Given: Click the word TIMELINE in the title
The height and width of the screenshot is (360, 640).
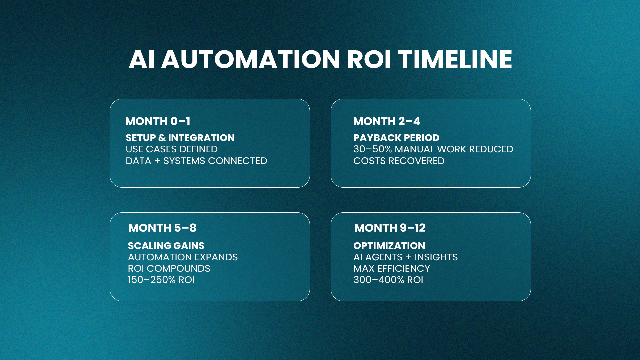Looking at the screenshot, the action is tap(455, 59).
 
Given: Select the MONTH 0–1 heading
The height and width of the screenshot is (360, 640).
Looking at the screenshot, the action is tap(158, 121).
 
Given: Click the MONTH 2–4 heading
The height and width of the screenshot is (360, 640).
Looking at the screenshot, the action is tap(387, 121).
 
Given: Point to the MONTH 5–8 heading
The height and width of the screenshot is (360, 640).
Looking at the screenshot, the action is tap(162, 228).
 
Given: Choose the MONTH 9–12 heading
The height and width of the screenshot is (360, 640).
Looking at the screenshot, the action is tap(390, 228).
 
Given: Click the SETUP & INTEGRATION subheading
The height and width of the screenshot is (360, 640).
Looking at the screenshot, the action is tap(180, 138).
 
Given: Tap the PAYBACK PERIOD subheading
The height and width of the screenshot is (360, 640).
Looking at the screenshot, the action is tap(396, 138).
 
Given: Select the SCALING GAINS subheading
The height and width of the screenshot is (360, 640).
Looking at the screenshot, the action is tap(166, 246).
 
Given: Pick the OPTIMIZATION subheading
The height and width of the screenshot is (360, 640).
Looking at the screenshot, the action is tap(389, 246).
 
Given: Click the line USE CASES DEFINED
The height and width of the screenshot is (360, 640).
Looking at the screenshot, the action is tap(172, 149).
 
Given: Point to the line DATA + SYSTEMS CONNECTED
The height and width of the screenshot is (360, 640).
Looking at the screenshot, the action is tap(196, 161).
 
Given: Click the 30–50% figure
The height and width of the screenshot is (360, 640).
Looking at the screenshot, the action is tap(373, 149).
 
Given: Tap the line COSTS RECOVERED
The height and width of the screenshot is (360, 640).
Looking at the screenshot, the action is tap(399, 161).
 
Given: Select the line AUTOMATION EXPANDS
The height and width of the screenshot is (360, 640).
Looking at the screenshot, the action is tap(183, 257).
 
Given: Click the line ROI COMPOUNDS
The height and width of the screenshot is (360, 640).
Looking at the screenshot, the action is tap(169, 268).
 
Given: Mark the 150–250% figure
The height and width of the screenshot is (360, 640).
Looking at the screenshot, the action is tap(152, 280).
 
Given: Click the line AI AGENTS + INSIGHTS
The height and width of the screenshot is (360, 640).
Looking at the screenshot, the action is tap(405, 257).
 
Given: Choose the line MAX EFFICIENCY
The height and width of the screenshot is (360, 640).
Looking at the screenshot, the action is tap(392, 268).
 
